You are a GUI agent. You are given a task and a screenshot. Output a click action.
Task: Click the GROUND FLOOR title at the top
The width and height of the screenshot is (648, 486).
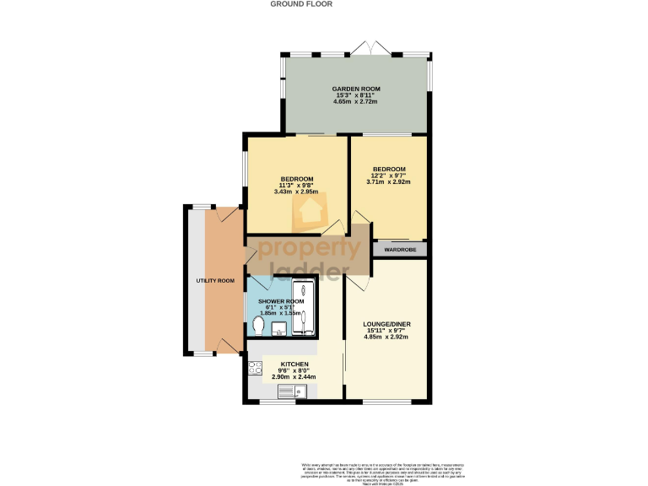click(x=301, y=4)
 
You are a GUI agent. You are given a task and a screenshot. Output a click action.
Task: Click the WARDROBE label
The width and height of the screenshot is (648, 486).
click(x=400, y=250)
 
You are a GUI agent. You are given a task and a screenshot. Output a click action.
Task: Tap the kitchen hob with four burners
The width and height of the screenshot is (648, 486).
click(x=255, y=367)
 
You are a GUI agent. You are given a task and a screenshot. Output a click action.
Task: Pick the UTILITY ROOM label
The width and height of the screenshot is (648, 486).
click(x=215, y=280)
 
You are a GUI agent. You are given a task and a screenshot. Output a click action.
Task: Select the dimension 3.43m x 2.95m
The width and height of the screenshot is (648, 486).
click(x=297, y=192)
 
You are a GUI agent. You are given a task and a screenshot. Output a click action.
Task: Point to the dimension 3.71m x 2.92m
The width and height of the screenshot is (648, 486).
click(x=389, y=181)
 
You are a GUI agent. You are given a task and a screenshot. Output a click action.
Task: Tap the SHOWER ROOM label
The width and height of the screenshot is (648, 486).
click(x=281, y=301)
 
